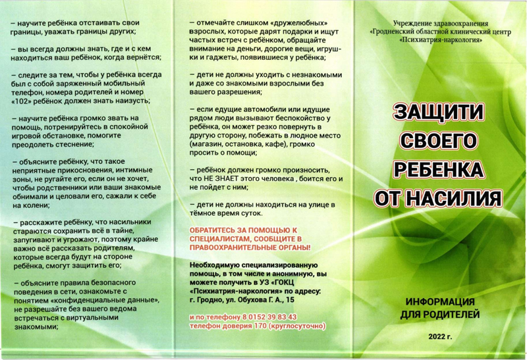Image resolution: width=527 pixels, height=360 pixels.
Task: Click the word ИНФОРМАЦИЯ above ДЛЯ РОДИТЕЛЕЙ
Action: [439, 302]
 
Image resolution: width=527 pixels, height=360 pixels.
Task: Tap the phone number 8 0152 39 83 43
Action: [267, 317]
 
